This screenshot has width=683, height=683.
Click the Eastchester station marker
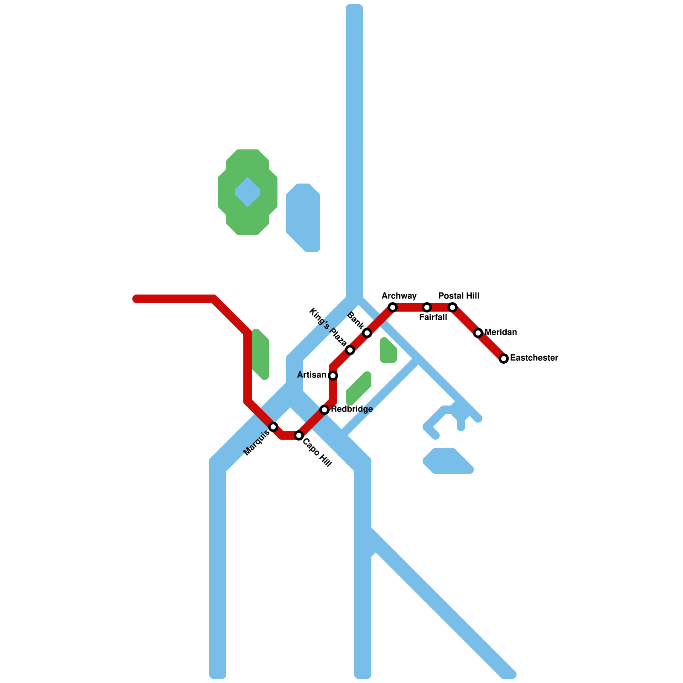[x=504, y=359]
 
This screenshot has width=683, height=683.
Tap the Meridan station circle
[x=478, y=333]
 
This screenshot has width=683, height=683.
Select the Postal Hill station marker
[x=452, y=307]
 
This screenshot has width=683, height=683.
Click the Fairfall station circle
[x=427, y=307]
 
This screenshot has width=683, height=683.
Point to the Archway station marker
[x=393, y=307]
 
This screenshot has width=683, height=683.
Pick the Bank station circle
[x=367, y=333]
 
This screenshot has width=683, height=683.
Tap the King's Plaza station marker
[x=350, y=350]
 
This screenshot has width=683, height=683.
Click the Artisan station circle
[x=333, y=376]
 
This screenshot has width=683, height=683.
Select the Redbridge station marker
[x=324, y=410]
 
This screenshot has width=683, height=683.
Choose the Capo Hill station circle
[x=299, y=435]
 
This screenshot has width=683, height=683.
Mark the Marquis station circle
[x=273, y=427]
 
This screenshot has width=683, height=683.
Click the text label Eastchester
[x=534, y=358]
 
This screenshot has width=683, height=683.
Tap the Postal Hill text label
[x=459, y=296]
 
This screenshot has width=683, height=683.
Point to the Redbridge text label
[x=352, y=409]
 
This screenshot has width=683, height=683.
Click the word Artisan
[x=312, y=375]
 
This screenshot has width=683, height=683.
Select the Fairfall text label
[x=433, y=317]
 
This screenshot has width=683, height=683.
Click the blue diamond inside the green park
[x=248, y=192]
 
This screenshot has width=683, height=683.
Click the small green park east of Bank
[x=388, y=351]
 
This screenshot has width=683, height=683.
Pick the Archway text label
[x=399, y=296]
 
